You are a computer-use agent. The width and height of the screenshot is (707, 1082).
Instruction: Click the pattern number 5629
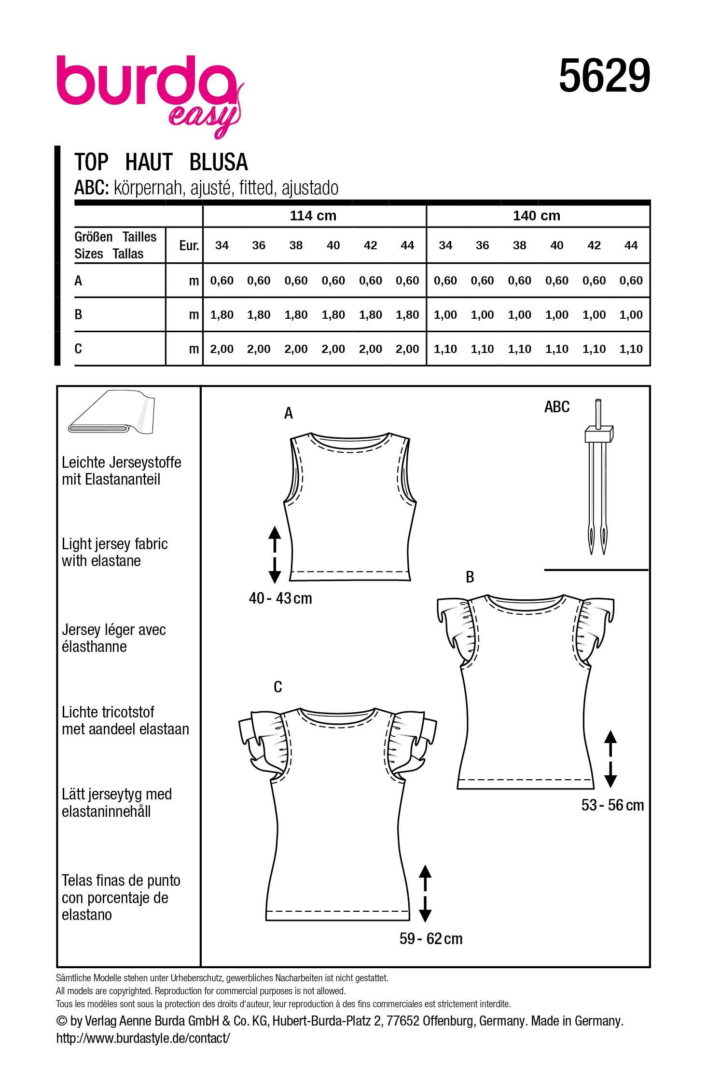pos(604,77)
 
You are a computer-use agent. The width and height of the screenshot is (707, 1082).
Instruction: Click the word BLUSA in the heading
pos(219,162)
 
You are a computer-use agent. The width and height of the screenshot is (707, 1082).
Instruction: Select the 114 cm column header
pos(313,216)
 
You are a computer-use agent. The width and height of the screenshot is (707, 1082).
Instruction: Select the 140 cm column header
pos(537,216)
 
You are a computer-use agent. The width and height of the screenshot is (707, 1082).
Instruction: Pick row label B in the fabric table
pos(79,315)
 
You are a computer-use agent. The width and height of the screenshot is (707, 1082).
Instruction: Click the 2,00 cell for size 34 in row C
pos(222,349)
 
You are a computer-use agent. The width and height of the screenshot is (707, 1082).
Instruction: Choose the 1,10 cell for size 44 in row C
pos(631,349)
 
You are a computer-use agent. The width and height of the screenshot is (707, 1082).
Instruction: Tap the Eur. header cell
pos(189,246)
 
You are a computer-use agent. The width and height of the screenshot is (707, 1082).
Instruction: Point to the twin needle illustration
pos(598,477)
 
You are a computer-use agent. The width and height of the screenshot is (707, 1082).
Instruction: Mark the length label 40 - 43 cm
pos(280,598)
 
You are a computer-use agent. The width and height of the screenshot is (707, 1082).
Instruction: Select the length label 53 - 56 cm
pos(612,805)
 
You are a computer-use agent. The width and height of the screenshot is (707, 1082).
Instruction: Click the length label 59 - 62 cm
pos(431,939)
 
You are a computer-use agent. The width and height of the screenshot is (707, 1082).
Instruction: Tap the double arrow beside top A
pos(275,555)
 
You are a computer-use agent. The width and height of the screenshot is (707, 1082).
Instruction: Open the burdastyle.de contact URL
pos(143,1038)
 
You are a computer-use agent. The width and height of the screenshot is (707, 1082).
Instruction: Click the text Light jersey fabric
pos(114,544)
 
